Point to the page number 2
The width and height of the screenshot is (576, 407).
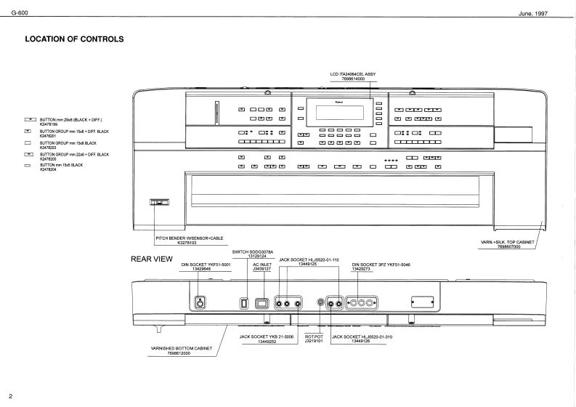pyautogui.click(x=9, y=397)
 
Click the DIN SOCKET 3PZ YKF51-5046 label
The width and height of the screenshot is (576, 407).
pyautogui.click(x=380, y=267)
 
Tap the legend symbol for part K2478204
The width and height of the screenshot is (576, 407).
pyautogui.click(x=31, y=167)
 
